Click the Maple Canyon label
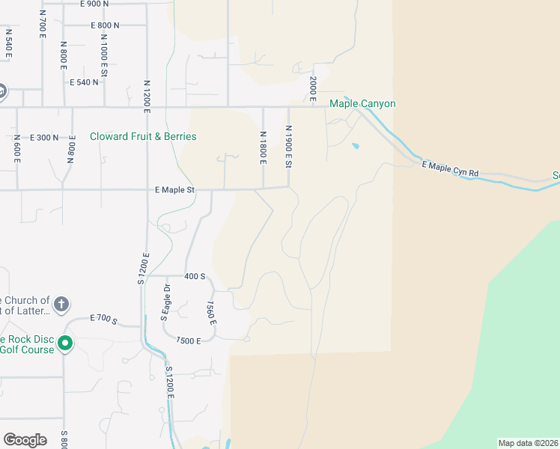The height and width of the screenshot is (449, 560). [362, 104]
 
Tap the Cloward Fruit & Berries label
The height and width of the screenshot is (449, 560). [143, 137]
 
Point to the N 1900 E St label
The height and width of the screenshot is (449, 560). [287, 147]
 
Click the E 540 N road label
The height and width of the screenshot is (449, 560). [83, 82]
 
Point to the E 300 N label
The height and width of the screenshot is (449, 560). [44, 138]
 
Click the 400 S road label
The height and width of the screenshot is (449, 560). [195, 276]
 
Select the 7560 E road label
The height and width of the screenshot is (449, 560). [211, 313]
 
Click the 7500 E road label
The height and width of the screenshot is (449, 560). [189, 340]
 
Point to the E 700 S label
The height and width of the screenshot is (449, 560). [103, 320]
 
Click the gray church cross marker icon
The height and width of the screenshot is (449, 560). [61, 305]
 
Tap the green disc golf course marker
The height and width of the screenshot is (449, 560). [65, 344]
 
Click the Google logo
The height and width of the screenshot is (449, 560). [25, 440]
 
